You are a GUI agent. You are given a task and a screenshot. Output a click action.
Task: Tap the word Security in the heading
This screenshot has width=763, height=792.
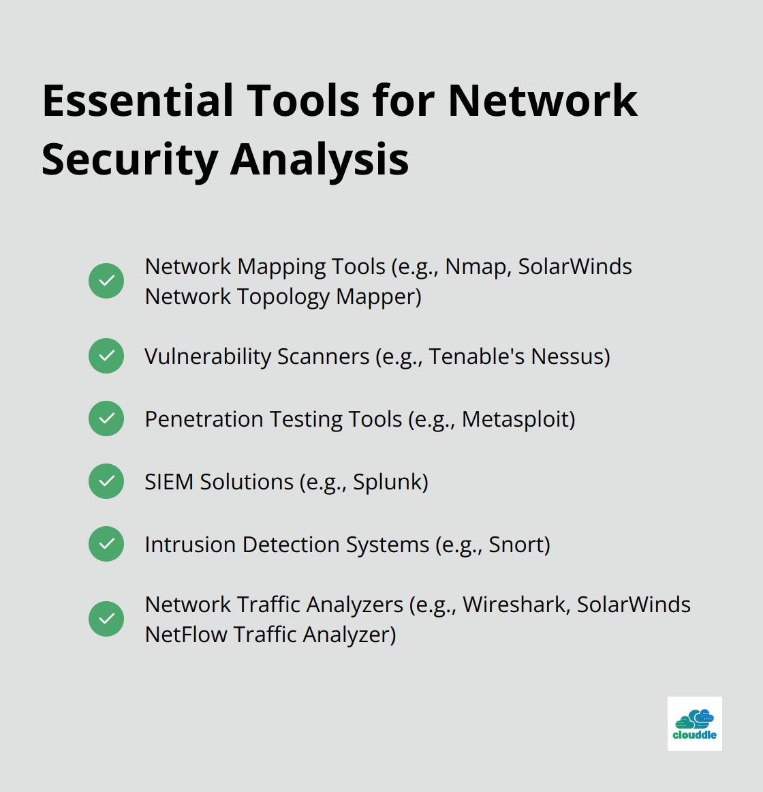pyautogui.click(x=129, y=160)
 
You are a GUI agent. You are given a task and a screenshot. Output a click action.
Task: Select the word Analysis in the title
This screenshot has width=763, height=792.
pyautogui.click(x=320, y=160)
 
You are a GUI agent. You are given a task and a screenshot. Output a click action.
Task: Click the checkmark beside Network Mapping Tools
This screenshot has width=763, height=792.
pyautogui.click(x=106, y=281)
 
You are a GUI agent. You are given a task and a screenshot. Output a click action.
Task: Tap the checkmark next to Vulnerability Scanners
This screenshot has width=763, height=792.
pyautogui.click(x=106, y=356)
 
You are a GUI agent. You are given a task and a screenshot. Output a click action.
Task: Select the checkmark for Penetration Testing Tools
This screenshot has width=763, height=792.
pyautogui.click(x=106, y=418)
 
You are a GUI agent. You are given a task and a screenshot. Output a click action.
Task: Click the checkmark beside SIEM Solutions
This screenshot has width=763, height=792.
pyautogui.click(x=106, y=481)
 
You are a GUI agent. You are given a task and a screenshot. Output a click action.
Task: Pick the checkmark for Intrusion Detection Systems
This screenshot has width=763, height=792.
pyautogui.click(x=106, y=544)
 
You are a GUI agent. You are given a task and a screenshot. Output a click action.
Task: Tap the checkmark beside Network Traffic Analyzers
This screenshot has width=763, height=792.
pyautogui.click(x=106, y=619)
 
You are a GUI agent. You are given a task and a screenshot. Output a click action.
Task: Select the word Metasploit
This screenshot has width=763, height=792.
pyautogui.click(x=514, y=419)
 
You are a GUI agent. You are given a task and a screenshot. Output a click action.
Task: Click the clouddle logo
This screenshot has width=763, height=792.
pyautogui.click(x=694, y=724)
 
